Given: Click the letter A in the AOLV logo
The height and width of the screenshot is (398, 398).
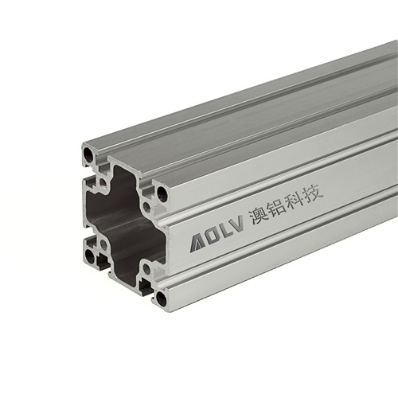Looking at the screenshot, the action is [197, 243].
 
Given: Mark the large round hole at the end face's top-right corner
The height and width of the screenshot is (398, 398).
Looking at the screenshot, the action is [162, 193].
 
